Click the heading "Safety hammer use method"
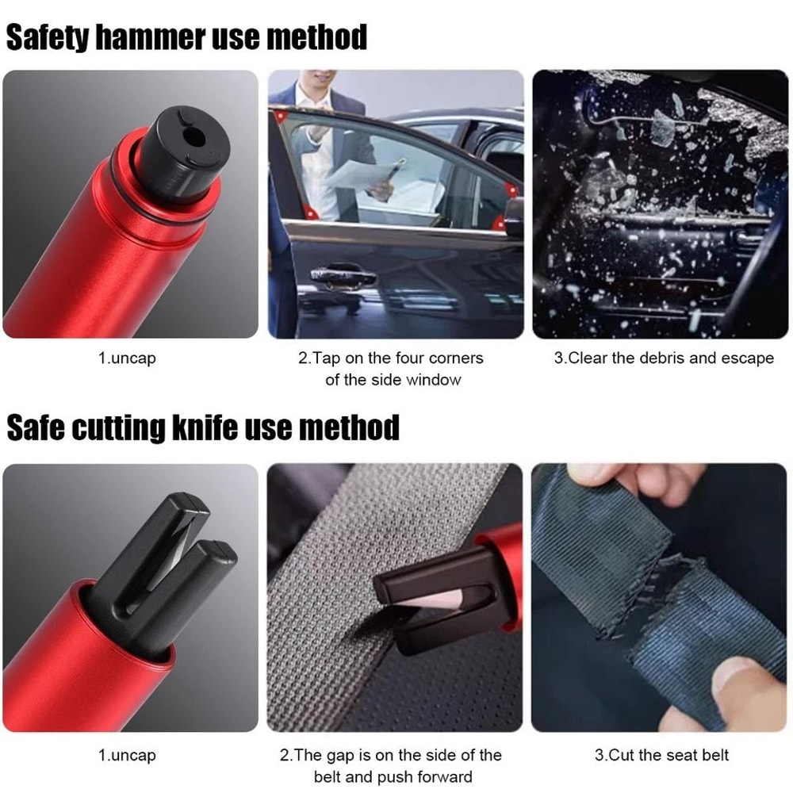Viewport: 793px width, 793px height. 186,37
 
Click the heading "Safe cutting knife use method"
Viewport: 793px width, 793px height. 203,428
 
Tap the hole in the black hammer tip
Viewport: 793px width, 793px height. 191,137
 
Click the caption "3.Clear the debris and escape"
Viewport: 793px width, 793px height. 663,358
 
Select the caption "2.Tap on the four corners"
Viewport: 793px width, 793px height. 391,358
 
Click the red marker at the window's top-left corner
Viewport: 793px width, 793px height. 279,117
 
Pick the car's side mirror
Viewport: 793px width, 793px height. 513,214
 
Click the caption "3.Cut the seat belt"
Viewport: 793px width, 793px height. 661,756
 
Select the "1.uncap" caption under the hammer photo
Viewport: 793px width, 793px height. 127,358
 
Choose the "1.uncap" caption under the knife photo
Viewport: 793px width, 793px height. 127,756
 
